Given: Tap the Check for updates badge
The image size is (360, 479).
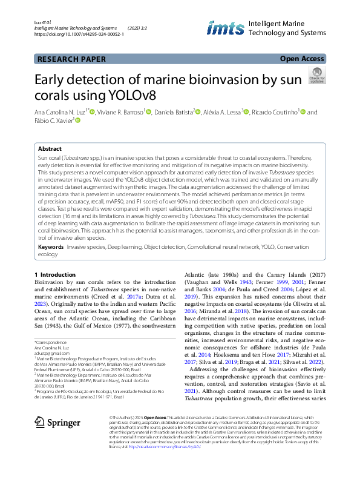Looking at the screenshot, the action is point(316,75).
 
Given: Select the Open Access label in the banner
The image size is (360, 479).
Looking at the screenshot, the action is point(301,59).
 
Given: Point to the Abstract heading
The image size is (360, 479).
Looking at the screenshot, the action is point(50,148).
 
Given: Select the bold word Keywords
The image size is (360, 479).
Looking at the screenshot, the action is point(51,248).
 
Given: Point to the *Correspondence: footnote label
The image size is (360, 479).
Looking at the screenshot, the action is point(51,343).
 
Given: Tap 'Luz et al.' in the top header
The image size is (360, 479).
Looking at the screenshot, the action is point(43,21).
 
